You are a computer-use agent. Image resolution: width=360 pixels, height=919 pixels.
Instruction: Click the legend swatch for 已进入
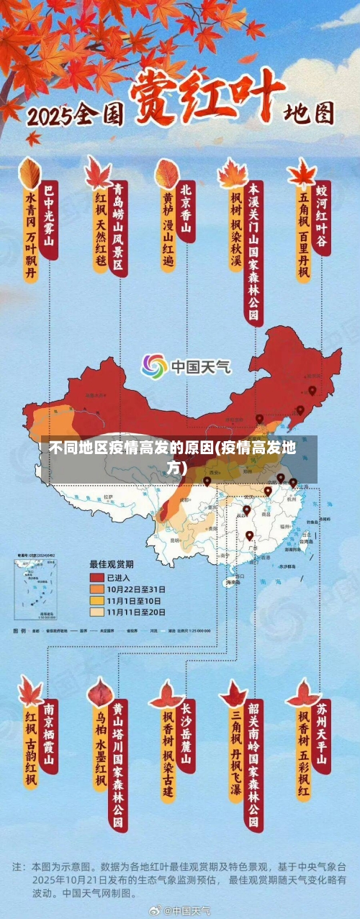[96, 577]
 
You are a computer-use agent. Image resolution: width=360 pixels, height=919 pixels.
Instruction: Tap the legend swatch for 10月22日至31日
[96, 589]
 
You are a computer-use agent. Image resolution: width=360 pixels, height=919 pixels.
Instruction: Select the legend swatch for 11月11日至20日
[96, 612]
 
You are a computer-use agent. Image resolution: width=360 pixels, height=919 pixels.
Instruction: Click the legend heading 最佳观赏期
[111, 563]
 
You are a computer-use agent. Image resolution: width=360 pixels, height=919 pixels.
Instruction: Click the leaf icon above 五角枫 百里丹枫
[302, 173]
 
